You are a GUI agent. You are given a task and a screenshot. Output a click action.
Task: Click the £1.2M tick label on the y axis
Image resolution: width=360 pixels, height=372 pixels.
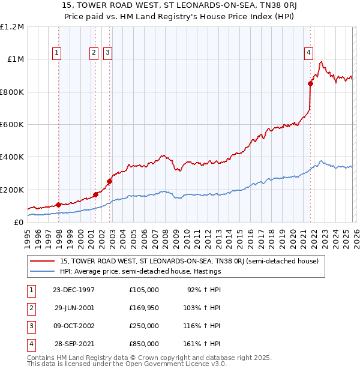[x=12, y=27]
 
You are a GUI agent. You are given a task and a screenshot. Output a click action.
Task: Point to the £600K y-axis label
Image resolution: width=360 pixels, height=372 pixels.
[x=12, y=125]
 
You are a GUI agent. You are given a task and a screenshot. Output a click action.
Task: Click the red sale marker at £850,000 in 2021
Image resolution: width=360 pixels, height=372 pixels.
[x=310, y=84]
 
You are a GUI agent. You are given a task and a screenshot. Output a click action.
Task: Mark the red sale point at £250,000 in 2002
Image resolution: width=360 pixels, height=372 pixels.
[x=110, y=181]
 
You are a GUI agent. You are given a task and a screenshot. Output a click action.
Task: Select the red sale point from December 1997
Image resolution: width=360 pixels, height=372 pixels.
[x=59, y=205]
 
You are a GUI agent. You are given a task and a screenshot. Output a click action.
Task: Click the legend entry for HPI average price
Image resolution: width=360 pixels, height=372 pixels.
[x=140, y=271]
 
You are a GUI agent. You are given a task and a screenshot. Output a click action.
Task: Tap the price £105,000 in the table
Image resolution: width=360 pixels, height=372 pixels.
[x=144, y=289]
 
